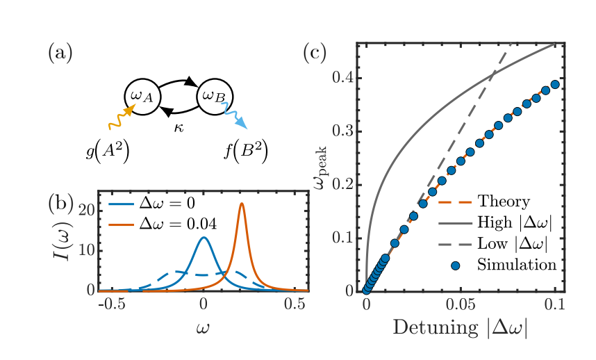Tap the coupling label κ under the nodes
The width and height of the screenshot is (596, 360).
pos(179,129)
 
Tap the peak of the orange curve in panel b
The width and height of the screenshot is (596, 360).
pos(242,204)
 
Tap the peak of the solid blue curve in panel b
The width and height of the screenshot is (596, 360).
pos(204,238)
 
